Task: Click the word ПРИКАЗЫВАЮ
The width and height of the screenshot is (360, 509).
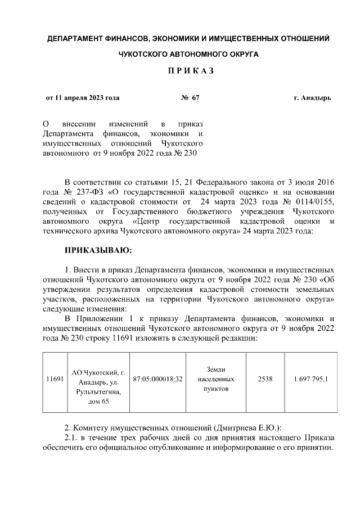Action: pos(98,250)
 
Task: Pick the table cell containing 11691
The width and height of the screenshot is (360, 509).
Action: pos(55,379)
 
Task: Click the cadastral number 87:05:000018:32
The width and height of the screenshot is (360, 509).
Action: pos(157,379)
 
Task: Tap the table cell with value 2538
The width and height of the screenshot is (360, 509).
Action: pos(265,379)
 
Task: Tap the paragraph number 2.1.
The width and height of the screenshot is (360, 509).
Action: pos(71,438)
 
